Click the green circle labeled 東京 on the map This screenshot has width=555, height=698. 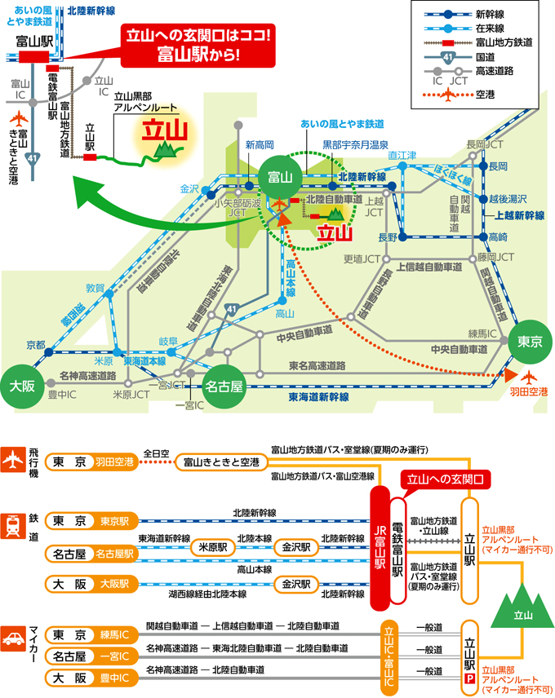pos(530,342)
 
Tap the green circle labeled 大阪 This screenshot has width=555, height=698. pos(22,386)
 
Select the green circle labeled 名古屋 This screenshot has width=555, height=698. pos(224,386)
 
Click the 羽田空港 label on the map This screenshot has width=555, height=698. pos(529,391)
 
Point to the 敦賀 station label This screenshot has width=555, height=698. pos(95,288)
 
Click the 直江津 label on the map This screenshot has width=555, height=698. pos(402,155)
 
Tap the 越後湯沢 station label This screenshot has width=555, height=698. pos(508,199)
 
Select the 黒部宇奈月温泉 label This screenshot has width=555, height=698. pos(355,144)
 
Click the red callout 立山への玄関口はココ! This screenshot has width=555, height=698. pos(198,45)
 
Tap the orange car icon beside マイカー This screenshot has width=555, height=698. pos(13,638)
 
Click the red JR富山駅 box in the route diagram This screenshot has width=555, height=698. pos(380,547)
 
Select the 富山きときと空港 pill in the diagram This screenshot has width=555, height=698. pos(221,462)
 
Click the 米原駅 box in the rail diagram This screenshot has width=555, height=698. pos(212,547)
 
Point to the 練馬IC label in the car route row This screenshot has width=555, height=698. pos(114,634)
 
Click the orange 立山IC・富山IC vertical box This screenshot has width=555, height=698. pos(388,656)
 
